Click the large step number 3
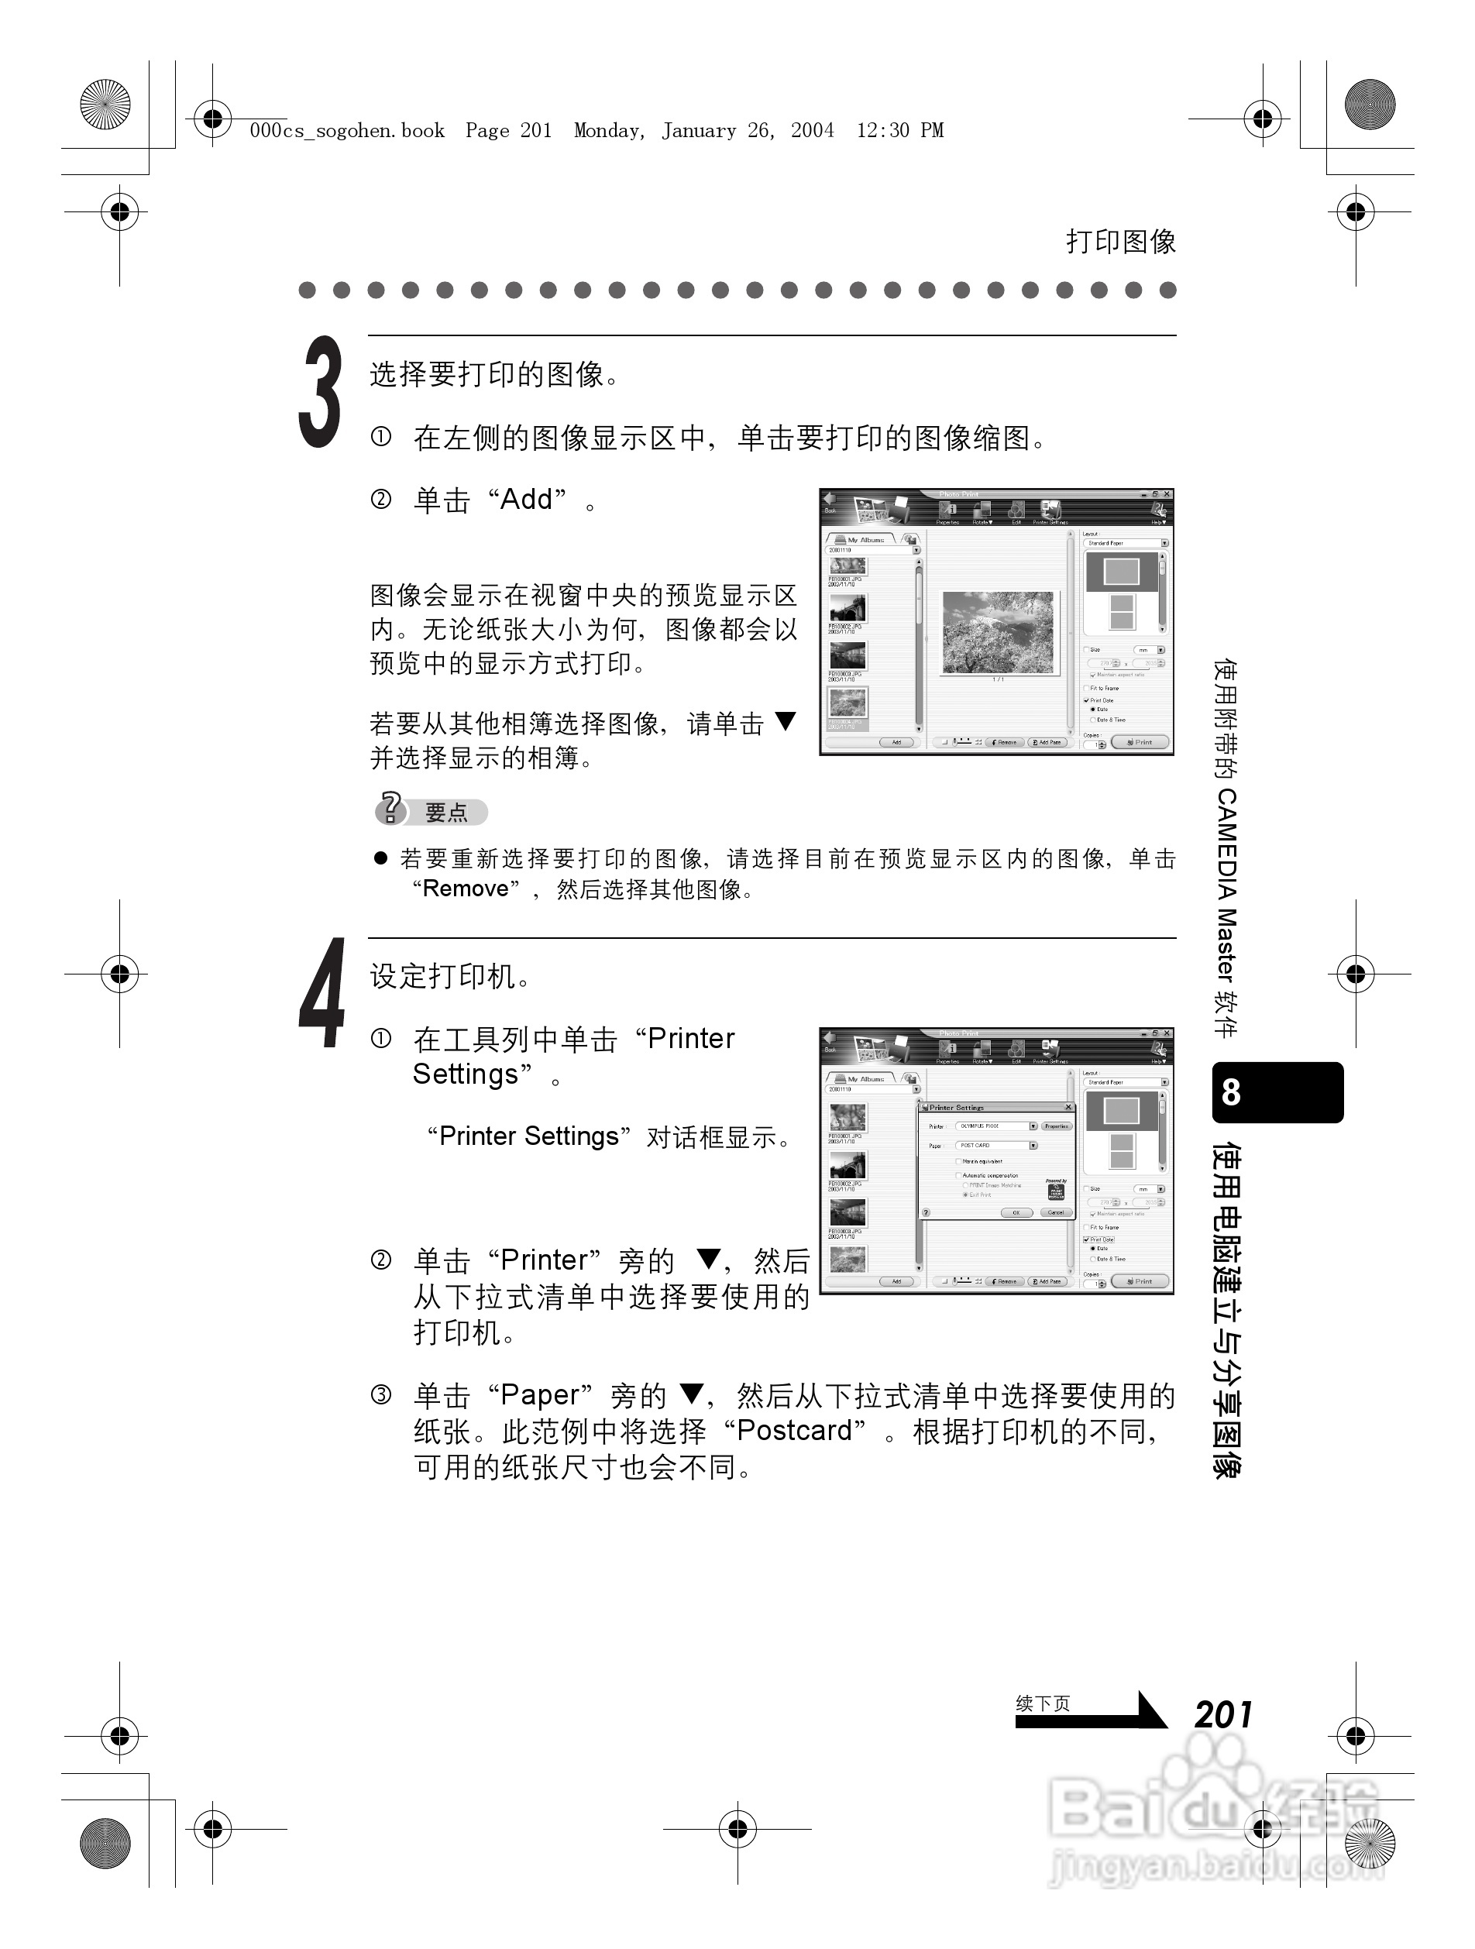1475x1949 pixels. (x=320, y=393)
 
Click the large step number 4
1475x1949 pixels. (x=322, y=994)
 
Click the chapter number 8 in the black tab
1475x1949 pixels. (x=1231, y=1092)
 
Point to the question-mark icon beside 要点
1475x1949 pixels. (x=390, y=808)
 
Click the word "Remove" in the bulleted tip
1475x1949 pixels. (x=466, y=889)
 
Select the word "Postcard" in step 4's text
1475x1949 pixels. (x=794, y=1431)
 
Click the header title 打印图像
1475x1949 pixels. (x=1120, y=242)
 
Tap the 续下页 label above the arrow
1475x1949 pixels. (x=1043, y=1704)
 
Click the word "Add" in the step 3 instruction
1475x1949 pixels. (x=526, y=500)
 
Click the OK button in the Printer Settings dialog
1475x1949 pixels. (x=1016, y=1212)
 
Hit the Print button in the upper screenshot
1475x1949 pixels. (x=1140, y=742)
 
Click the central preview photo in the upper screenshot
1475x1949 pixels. (x=998, y=632)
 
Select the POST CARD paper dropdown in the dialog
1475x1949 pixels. (x=995, y=1146)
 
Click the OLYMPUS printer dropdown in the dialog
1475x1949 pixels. (x=995, y=1126)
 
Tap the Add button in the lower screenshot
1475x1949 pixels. (x=896, y=1281)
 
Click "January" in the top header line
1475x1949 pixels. (x=699, y=130)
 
